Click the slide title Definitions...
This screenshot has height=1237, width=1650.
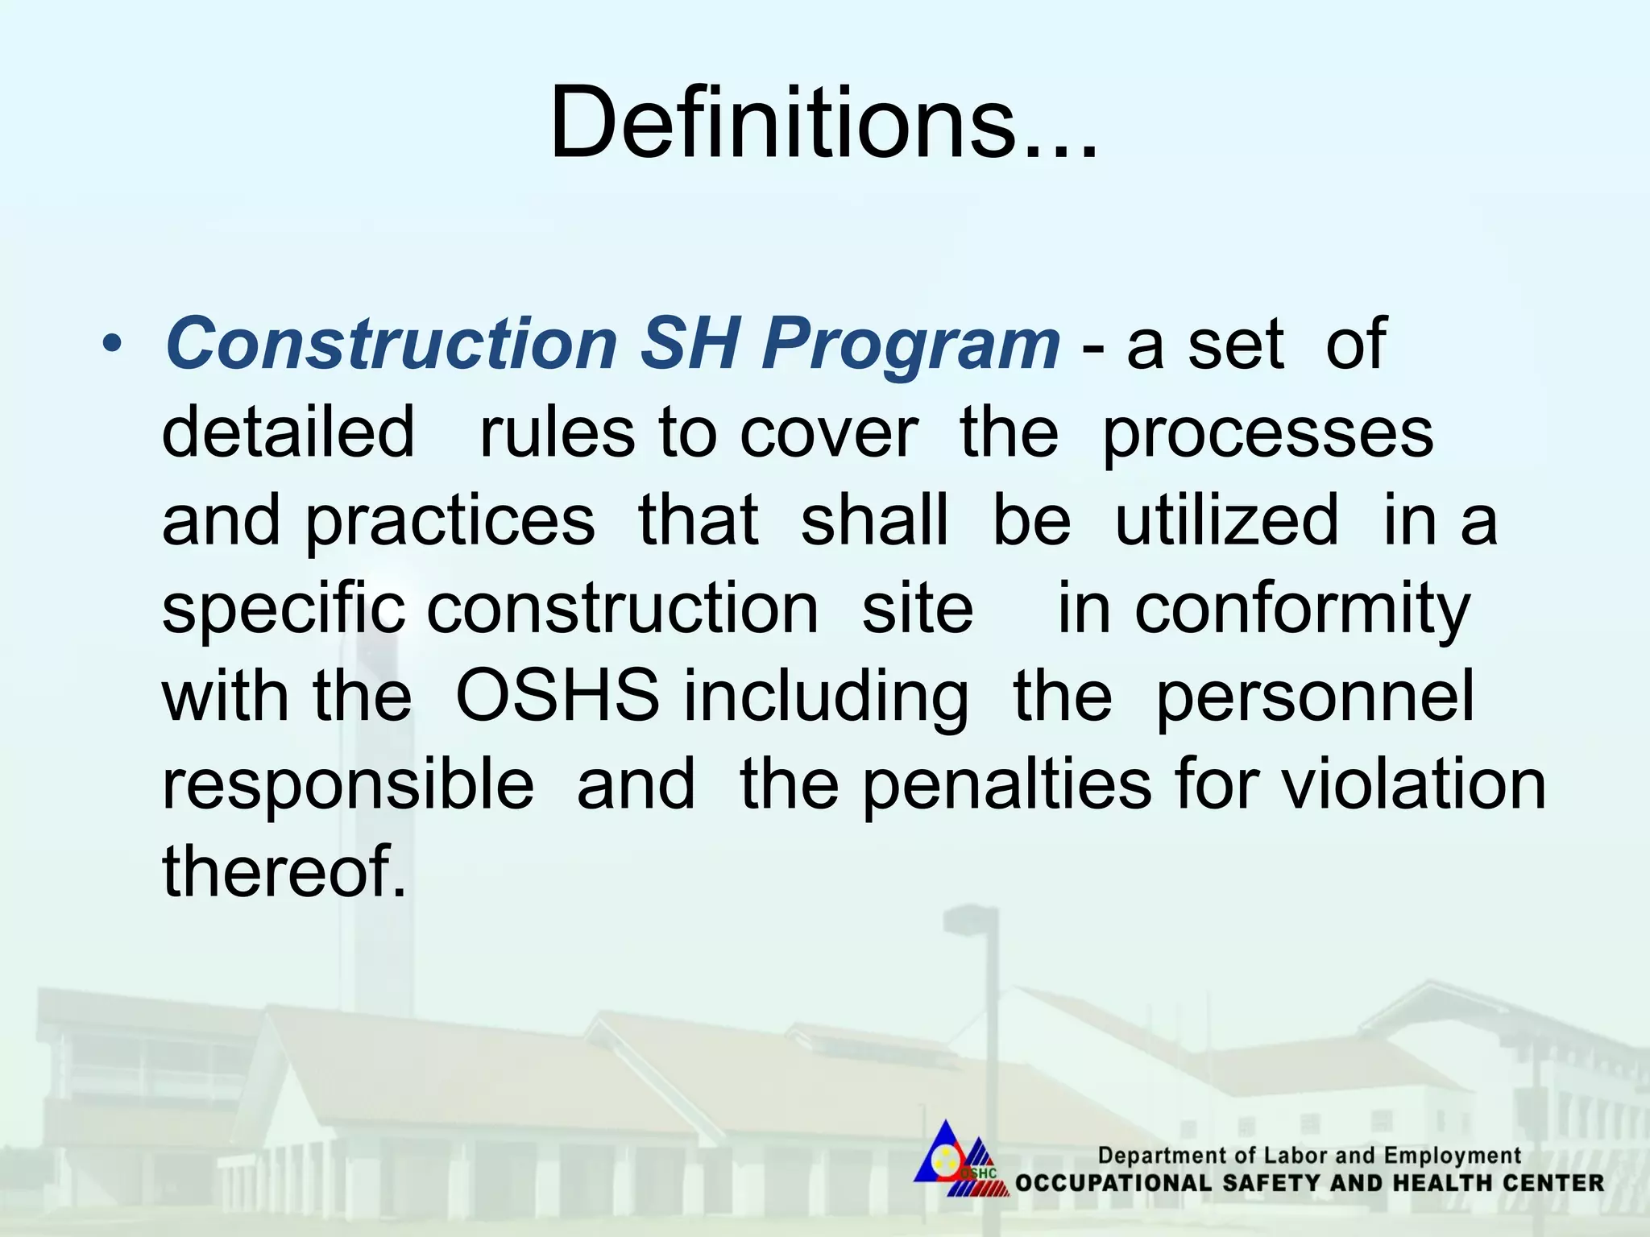pyautogui.click(x=823, y=122)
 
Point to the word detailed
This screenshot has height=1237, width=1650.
pyautogui.click(x=288, y=432)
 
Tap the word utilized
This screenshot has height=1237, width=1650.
pyautogui.click(x=1226, y=520)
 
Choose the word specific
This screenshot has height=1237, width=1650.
pyautogui.click(x=283, y=610)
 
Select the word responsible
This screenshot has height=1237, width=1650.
pyautogui.click(x=347, y=785)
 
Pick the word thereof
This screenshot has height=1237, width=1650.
pyautogui.click(x=284, y=871)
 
